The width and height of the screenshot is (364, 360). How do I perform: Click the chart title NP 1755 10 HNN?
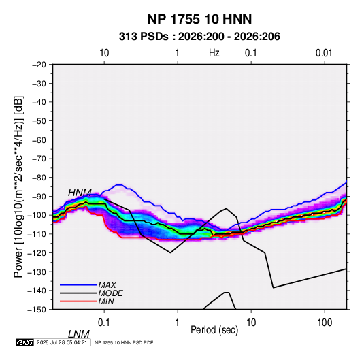pyautogui.click(x=199, y=19)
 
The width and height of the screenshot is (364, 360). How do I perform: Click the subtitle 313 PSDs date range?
pyautogui.click(x=199, y=37)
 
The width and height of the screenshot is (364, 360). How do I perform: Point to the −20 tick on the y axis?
pyautogui.click(x=39, y=65)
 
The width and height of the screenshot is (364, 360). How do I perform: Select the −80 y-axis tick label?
pyautogui.click(x=39, y=178)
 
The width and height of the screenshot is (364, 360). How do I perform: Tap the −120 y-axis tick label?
pyautogui.click(x=37, y=253)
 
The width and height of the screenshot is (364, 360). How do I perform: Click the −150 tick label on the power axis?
pyautogui.click(x=37, y=310)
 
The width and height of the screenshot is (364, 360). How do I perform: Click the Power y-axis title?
pyautogui.click(x=18, y=187)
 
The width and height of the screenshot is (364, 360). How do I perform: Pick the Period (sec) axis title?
pyautogui.click(x=214, y=330)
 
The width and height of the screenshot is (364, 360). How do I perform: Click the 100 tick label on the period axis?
pyautogui.click(x=325, y=323)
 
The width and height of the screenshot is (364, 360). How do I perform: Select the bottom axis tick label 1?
pyautogui.click(x=178, y=323)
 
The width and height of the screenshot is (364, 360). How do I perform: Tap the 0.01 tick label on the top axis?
pyautogui.click(x=324, y=53)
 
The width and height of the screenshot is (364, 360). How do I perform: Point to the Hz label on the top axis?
pyautogui.click(x=214, y=53)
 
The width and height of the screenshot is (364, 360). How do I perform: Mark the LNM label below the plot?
pyautogui.click(x=78, y=334)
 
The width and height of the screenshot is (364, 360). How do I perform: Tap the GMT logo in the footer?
pyautogui.click(x=24, y=342)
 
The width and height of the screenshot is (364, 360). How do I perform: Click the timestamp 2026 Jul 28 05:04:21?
pyautogui.click(x=62, y=342)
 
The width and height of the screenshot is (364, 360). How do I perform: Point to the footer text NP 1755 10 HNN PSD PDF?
pyautogui.click(x=124, y=342)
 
